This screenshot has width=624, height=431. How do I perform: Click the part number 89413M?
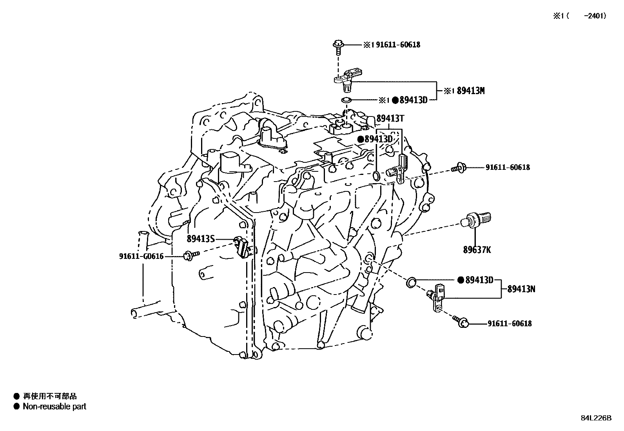click(471, 91)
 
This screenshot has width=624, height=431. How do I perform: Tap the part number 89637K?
click(477, 249)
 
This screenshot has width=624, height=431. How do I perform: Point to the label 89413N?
click(521, 289)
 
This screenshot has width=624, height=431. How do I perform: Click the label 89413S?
click(200, 238)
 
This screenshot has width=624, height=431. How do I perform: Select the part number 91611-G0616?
click(141, 256)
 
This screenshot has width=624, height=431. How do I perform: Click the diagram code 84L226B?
click(596, 418)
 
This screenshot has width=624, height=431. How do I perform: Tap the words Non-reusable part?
click(54, 407)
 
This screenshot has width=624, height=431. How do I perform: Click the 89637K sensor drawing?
click(476, 219)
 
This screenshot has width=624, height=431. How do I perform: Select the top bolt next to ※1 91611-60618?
click(338, 45)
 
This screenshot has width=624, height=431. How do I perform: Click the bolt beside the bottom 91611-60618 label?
click(461, 322)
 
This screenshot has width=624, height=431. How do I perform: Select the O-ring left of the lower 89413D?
click(412, 281)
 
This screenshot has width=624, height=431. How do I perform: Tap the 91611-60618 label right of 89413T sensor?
click(508, 167)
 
